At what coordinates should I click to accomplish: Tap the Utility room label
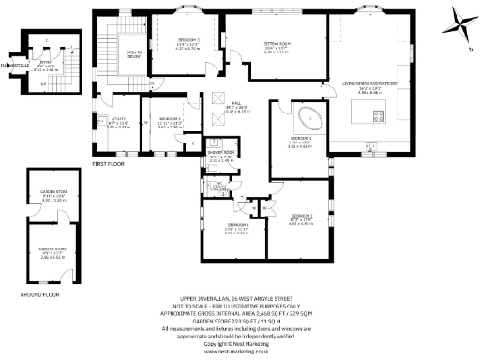point(117,121)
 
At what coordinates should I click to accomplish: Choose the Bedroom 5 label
point(170,120)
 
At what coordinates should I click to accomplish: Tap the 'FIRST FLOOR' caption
point(109,163)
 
